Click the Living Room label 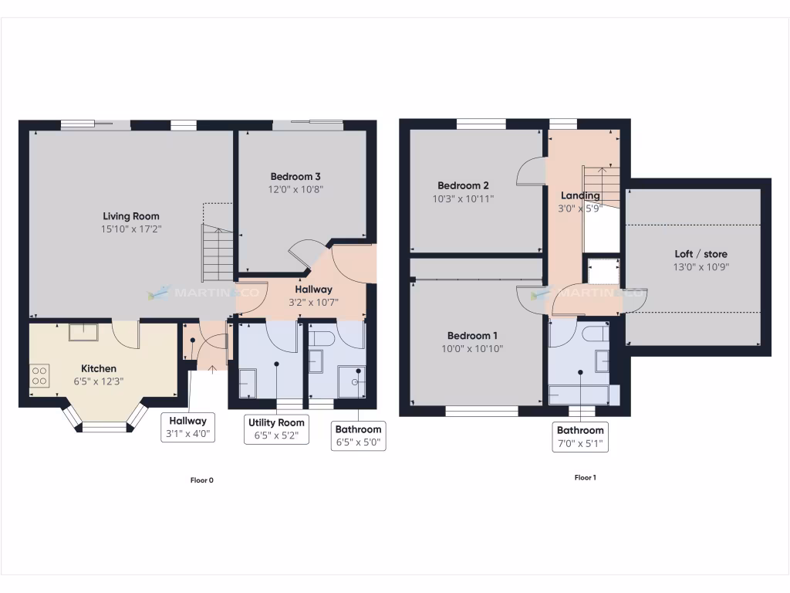pyautogui.click(x=131, y=216)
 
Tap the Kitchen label pyautogui.click(x=99, y=368)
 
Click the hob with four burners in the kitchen pyautogui.click(x=39, y=376)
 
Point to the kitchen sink pyautogui.click(x=83, y=332)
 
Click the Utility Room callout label pyautogui.click(x=275, y=422)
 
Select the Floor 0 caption pyautogui.click(x=201, y=480)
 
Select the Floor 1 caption pyautogui.click(x=585, y=477)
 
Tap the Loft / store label pyautogui.click(x=701, y=254)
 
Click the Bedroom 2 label pyautogui.click(x=463, y=185)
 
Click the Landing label pyautogui.click(x=579, y=195)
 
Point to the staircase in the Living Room pyautogui.click(x=218, y=252)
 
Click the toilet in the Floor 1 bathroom pyautogui.click(x=594, y=334)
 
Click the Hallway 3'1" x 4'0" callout pyautogui.click(x=188, y=421)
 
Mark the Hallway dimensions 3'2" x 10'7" pyautogui.click(x=313, y=303)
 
